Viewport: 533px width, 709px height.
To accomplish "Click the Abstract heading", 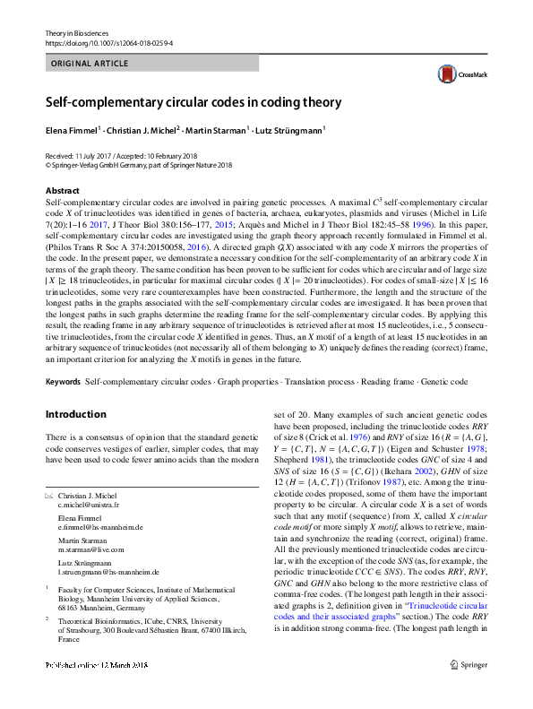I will pos(62,190).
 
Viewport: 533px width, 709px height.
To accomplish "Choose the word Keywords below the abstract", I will pos(64,382).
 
